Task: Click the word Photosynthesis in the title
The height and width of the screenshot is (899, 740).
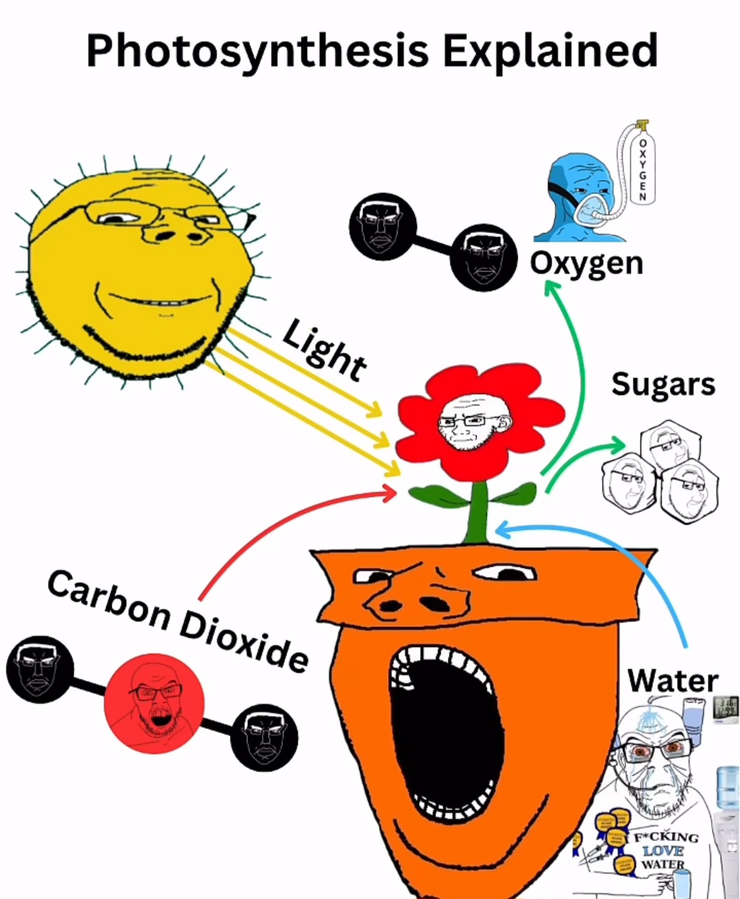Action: tap(258, 51)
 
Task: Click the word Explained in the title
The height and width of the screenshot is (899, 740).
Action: tap(550, 50)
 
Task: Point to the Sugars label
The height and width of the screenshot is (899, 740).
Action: tap(663, 385)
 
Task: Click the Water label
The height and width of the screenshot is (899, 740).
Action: tap(673, 681)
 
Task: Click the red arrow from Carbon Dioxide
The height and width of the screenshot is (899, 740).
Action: tap(274, 521)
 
